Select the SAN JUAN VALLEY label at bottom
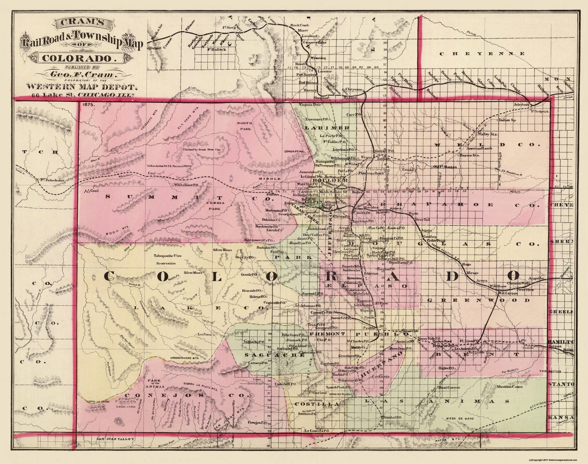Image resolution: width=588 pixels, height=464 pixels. coord(116,446)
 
